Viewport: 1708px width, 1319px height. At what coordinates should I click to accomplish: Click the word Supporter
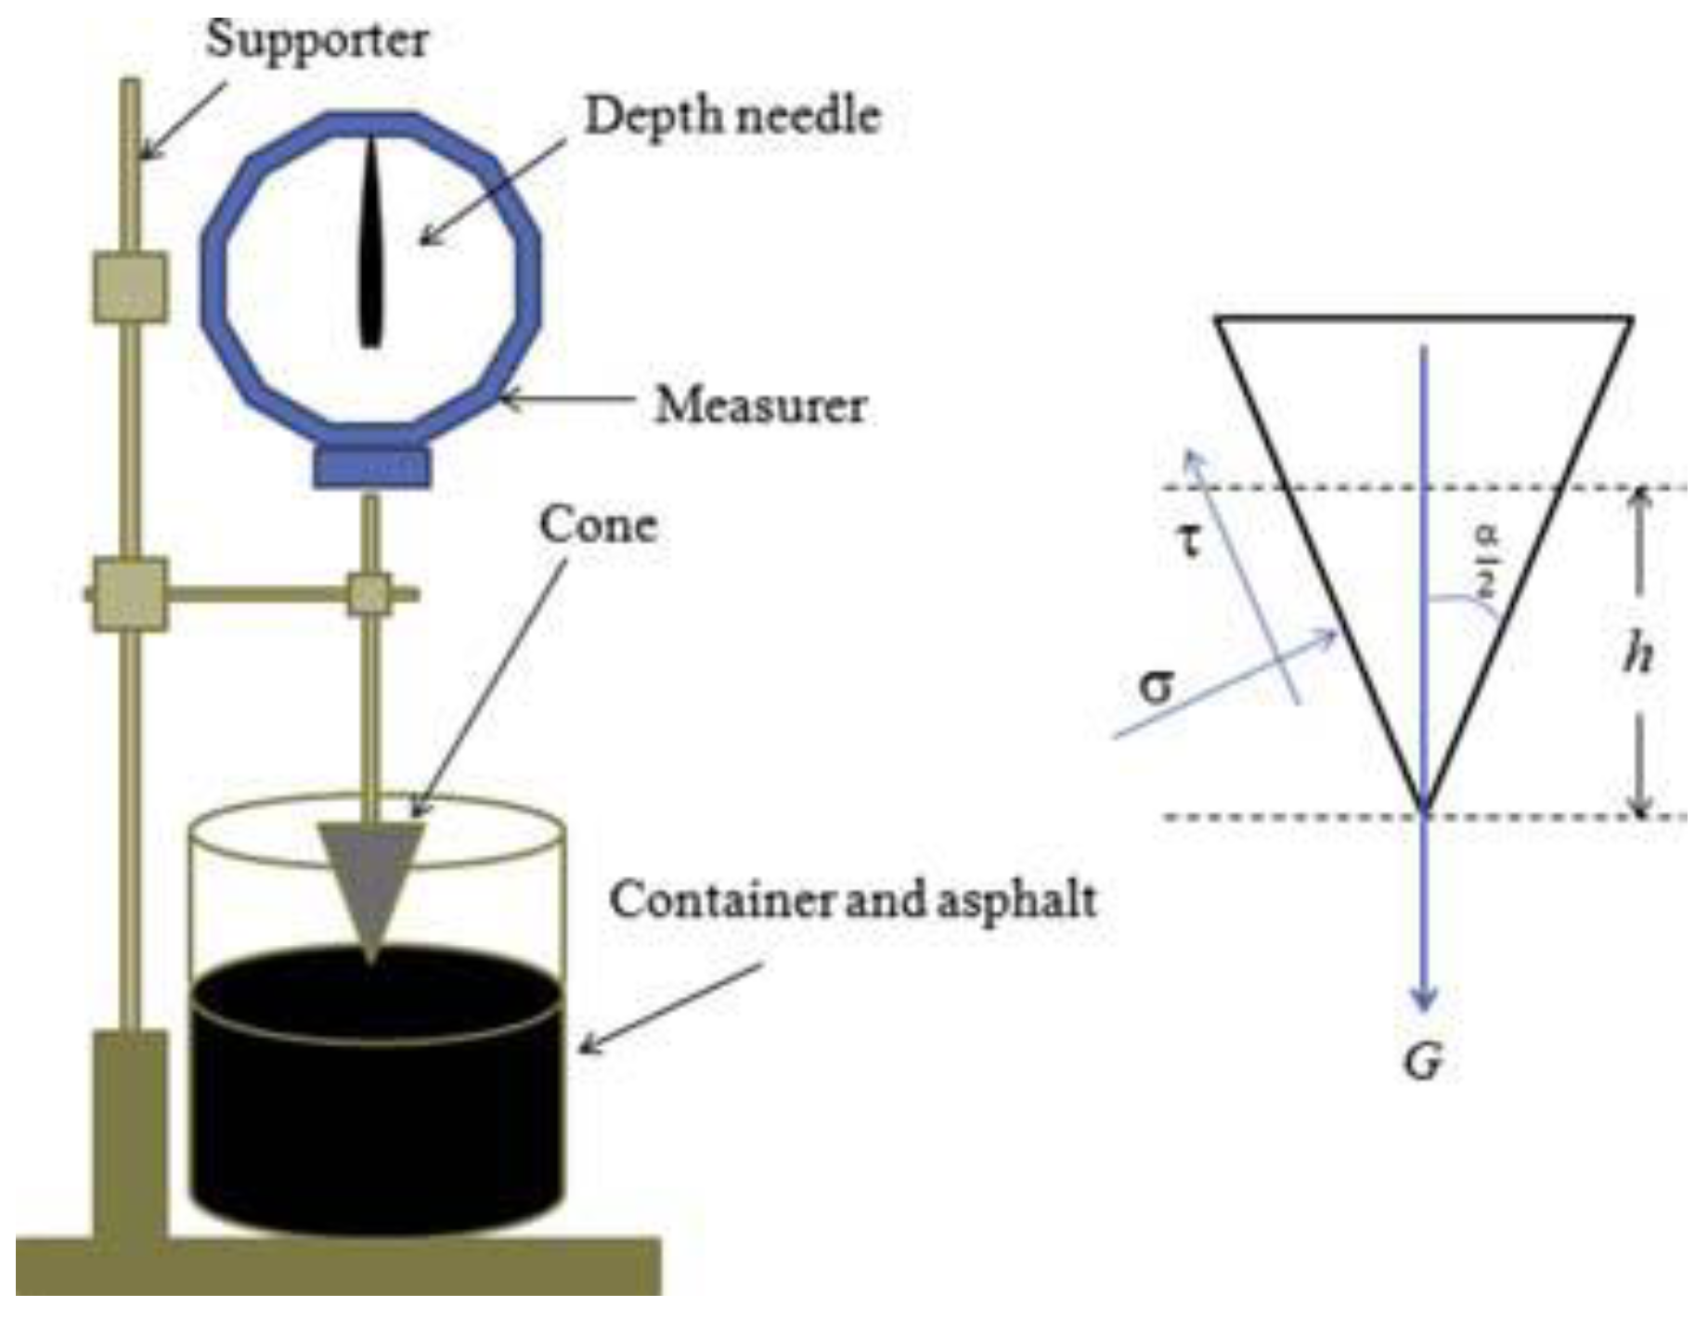[x=317, y=40]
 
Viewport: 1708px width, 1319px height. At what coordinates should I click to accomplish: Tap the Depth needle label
[x=732, y=117]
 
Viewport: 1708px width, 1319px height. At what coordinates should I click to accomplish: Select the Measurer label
[x=760, y=406]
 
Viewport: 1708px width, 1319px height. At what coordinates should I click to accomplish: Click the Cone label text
[x=599, y=525]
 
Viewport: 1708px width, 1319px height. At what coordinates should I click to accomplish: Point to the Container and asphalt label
[x=852, y=900]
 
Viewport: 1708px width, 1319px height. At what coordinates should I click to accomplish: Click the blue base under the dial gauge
[x=371, y=467]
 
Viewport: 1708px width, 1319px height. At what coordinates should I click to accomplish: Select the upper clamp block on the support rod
[x=130, y=288]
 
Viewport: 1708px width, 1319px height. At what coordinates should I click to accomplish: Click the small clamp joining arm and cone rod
[x=369, y=594]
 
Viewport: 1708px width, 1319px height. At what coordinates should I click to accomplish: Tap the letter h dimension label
[x=1638, y=654]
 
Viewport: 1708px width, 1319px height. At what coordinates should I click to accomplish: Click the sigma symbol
[x=1156, y=687]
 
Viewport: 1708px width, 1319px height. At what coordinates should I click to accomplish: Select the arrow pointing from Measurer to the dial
[x=566, y=401]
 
